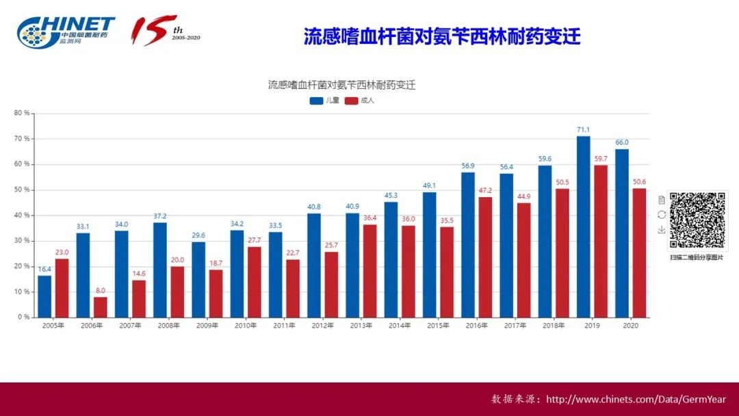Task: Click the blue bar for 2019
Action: coord(583,226)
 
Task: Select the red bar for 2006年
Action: coord(100,307)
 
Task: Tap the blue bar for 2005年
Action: coord(44,296)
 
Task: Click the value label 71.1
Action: coord(583,130)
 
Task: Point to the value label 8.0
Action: coord(100,291)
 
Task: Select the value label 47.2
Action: coord(485,191)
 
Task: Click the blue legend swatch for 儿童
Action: coord(316,101)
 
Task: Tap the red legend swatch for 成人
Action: coord(351,101)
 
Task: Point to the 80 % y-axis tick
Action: coord(22,114)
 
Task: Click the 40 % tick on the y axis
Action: coord(22,216)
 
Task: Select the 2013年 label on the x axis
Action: coord(361,326)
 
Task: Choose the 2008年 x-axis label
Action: coord(168,326)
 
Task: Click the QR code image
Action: coord(697,220)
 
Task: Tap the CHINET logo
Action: coord(66,31)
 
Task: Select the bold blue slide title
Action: coord(442,36)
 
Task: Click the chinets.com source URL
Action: coord(636,400)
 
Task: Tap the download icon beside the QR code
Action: coord(661,230)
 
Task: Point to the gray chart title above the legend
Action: coord(341,86)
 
